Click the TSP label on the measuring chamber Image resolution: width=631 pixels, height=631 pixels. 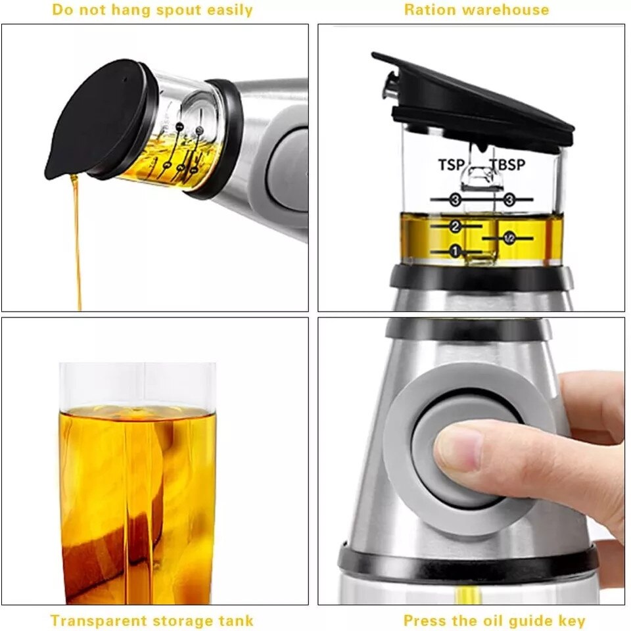[451, 164]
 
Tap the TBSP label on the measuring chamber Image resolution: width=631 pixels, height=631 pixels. [508, 164]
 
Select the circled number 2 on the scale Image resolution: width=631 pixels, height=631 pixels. [455, 226]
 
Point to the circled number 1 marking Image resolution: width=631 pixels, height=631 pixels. [455, 250]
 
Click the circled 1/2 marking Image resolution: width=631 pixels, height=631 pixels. [509, 238]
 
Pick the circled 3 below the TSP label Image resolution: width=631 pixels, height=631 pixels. [455, 199]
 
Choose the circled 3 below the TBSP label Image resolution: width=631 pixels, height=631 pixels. [509, 199]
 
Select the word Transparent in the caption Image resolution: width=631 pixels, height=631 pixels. [97, 620]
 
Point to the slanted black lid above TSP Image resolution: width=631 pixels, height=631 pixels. [473, 99]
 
